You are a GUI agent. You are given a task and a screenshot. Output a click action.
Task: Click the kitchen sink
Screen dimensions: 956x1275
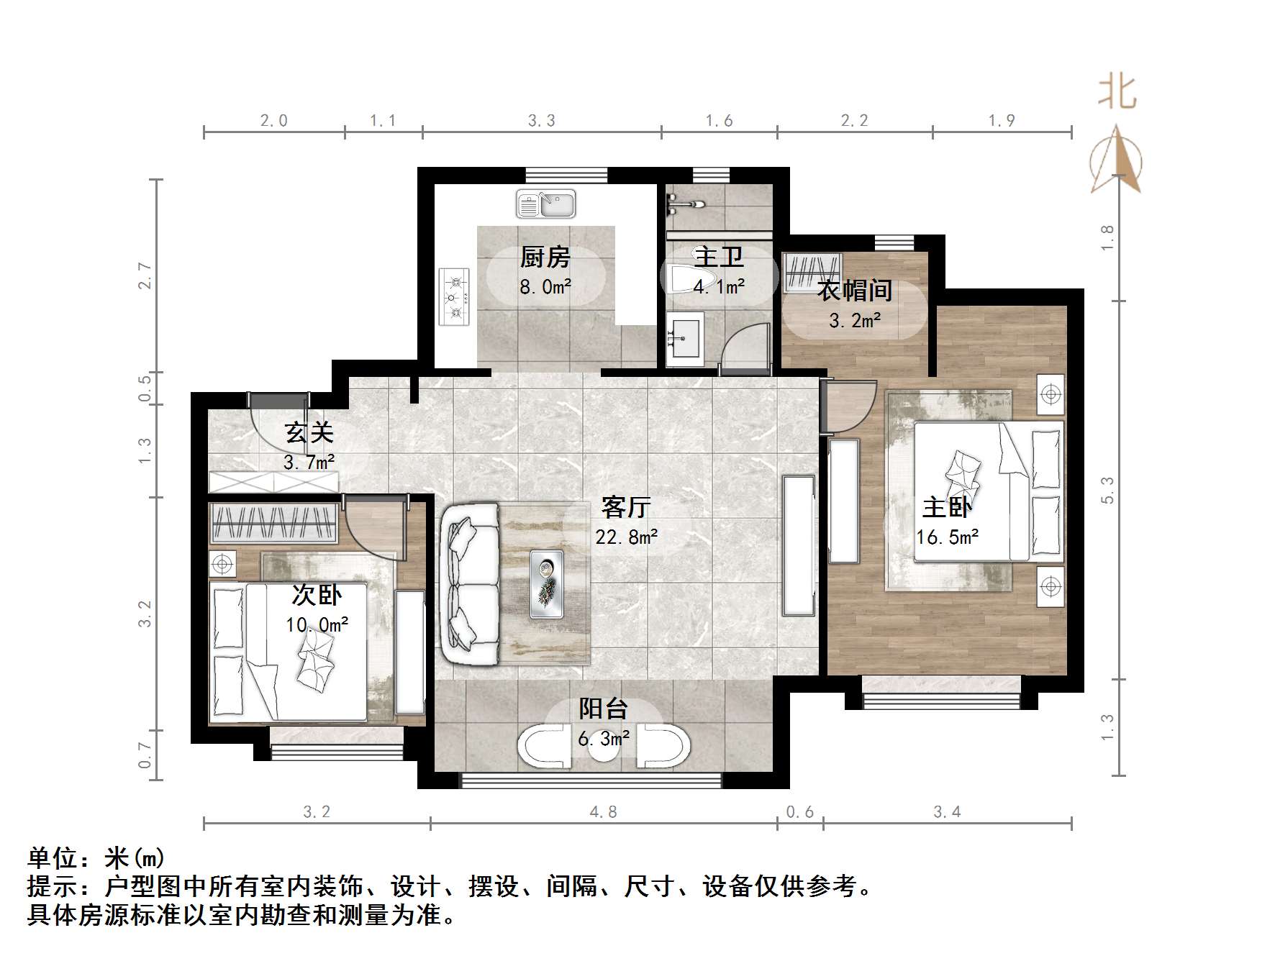546,204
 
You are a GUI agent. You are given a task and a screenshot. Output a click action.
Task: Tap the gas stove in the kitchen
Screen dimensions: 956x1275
454,296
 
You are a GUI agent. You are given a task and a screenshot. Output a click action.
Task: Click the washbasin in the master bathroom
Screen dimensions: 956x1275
684,339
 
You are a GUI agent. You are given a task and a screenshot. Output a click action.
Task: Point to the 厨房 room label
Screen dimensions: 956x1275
545,257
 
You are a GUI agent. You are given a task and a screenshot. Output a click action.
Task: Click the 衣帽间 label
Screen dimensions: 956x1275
855,291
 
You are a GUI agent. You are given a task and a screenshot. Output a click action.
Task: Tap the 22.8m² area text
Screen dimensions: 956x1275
626,537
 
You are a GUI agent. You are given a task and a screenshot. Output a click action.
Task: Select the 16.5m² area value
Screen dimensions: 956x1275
947,537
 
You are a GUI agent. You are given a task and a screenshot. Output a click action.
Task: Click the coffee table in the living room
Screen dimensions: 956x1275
546,583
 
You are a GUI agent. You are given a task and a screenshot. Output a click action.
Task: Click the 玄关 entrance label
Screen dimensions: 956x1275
309,433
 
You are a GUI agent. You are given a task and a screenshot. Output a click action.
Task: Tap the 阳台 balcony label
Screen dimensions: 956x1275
604,709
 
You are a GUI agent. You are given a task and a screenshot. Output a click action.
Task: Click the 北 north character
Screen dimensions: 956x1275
1117,92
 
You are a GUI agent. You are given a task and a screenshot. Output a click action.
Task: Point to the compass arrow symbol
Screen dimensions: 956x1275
1116,160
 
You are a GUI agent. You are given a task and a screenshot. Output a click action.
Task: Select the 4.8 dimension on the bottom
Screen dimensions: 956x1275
604,812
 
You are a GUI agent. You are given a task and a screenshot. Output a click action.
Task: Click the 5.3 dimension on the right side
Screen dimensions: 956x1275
1108,490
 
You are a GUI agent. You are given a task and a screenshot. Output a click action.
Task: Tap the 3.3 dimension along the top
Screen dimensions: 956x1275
542,121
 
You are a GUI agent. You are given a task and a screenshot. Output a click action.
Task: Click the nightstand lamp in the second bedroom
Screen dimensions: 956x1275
223,563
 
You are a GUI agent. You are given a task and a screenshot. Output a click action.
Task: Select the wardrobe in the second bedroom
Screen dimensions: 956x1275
273,523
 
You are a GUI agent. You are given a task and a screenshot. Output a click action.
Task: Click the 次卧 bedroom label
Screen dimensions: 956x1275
317,595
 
